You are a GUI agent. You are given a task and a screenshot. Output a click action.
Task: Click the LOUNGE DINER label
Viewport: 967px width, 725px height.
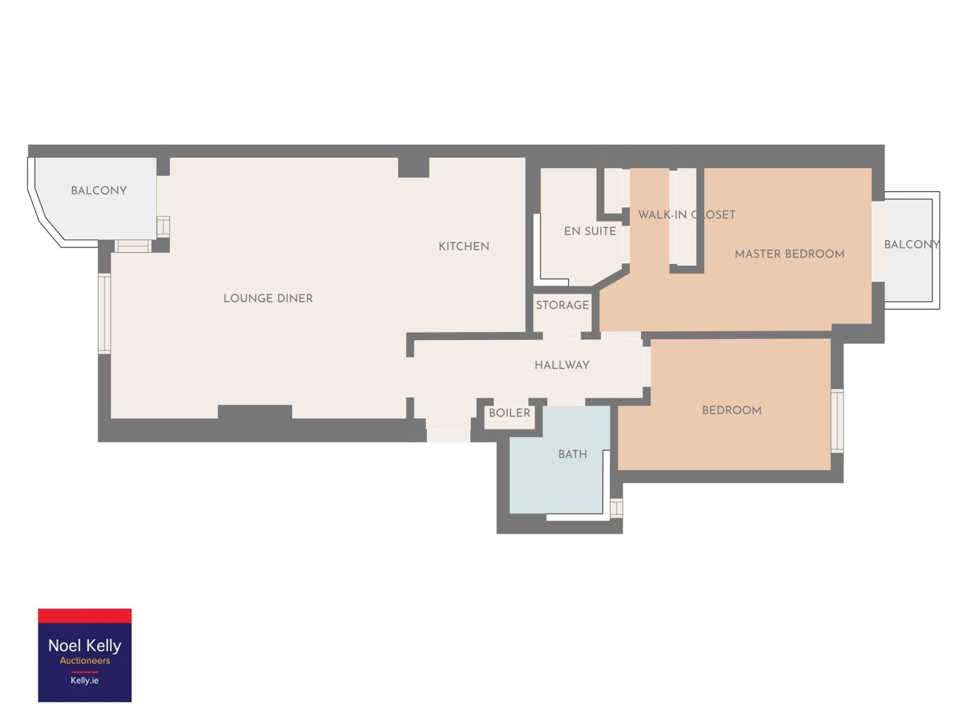pyautogui.click(x=268, y=298)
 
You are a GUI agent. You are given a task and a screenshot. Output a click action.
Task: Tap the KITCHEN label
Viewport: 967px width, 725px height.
pyautogui.click(x=464, y=246)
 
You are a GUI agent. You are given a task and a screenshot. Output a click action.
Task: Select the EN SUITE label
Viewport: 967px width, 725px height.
pyautogui.click(x=590, y=231)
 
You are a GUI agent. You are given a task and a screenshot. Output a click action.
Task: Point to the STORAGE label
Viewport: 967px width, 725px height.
pyautogui.click(x=562, y=305)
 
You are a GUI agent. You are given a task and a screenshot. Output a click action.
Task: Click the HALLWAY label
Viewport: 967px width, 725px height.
pyautogui.click(x=562, y=365)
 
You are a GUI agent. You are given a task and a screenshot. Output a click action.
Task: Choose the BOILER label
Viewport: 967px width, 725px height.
pyautogui.click(x=509, y=413)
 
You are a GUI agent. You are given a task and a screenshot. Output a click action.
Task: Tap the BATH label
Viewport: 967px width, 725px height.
pyautogui.click(x=573, y=454)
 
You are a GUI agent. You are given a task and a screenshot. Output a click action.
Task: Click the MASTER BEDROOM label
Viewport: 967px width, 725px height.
pyautogui.click(x=789, y=254)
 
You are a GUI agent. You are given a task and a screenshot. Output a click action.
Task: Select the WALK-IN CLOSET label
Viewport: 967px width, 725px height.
pyautogui.click(x=686, y=214)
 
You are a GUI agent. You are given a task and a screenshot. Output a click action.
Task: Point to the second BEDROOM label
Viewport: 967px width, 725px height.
pyautogui.click(x=731, y=410)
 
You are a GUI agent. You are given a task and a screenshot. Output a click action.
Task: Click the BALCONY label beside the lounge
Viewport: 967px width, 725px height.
pyautogui.click(x=99, y=190)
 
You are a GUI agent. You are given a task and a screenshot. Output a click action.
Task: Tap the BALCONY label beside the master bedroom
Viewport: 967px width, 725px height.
pyautogui.click(x=912, y=244)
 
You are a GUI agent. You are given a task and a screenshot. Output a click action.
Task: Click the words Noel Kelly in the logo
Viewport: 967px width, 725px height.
pyautogui.click(x=85, y=645)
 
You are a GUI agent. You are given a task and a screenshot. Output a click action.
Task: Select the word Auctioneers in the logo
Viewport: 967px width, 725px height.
pyautogui.click(x=85, y=661)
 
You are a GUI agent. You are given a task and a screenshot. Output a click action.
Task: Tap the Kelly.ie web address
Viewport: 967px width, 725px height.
pyautogui.click(x=85, y=680)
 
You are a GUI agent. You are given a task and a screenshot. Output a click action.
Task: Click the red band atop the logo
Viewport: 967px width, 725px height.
pyautogui.click(x=85, y=616)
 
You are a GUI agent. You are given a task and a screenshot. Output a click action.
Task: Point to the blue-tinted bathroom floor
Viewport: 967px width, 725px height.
pyautogui.click(x=557, y=478)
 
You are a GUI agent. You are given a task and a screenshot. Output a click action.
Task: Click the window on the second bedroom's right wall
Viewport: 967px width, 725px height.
pyautogui.click(x=837, y=420)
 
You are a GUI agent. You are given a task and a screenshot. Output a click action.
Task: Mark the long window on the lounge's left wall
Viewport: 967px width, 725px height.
pyautogui.click(x=104, y=313)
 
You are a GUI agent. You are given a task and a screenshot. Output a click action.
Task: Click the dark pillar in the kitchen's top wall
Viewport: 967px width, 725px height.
pyautogui.click(x=413, y=167)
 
